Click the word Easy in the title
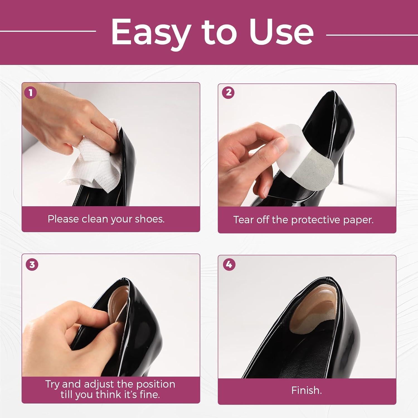(150, 33)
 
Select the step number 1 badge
(30, 93)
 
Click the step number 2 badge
(229, 92)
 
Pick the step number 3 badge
(32, 264)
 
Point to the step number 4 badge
(229, 264)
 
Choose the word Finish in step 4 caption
(306, 390)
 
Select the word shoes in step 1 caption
(150, 219)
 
